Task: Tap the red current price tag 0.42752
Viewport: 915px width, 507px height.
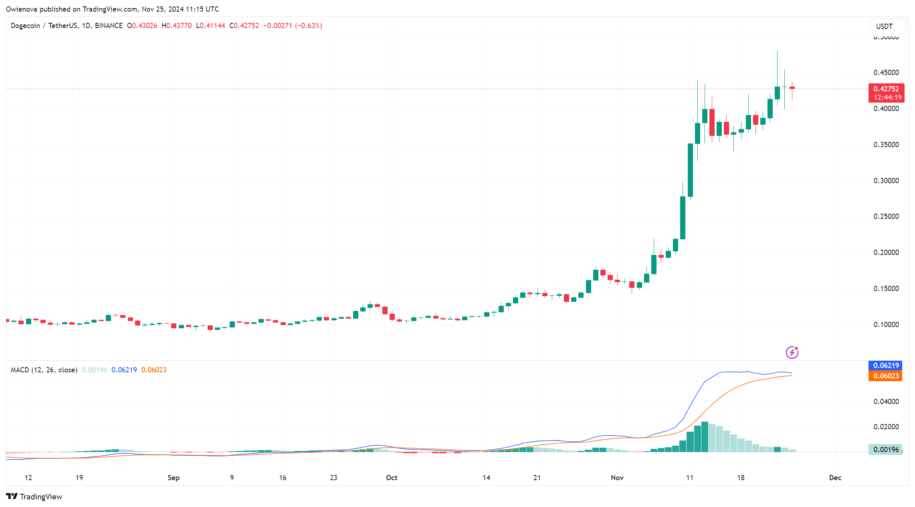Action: coord(886,89)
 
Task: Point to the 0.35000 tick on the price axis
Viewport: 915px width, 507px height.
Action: coord(886,145)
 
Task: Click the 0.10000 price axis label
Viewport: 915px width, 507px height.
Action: coord(886,325)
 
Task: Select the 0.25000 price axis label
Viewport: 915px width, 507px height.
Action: coord(886,216)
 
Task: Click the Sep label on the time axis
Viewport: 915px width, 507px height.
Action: coord(174,478)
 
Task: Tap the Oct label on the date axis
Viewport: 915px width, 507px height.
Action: coord(392,478)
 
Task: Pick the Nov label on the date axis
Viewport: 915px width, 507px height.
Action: coord(617,478)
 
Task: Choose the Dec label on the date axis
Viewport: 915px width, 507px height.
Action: coord(835,478)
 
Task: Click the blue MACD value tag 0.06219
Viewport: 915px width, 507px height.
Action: coord(886,366)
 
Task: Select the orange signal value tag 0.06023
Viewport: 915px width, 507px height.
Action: coord(886,376)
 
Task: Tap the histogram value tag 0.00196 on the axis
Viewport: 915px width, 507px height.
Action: coord(886,450)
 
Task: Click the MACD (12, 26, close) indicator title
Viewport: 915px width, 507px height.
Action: coord(44,370)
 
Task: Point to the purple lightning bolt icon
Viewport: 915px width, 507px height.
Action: coord(792,352)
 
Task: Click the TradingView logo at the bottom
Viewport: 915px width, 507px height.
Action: coord(34,497)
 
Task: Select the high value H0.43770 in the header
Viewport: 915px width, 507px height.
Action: coord(176,26)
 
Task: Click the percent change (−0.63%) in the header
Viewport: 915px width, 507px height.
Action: coord(309,26)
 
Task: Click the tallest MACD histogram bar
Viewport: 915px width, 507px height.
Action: coord(705,437)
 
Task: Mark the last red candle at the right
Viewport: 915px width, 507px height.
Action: coord(792,88)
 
